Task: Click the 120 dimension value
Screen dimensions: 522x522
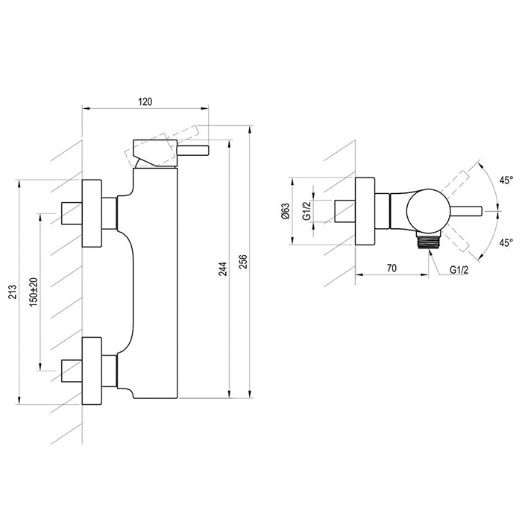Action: (145, 101)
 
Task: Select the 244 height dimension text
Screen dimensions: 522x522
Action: (223, 269)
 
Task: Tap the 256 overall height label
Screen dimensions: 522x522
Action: (245, 262)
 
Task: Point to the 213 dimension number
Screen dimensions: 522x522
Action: (12, 292)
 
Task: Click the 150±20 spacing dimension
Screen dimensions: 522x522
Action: (34, 292)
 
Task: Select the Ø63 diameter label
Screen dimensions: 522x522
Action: (286, 211)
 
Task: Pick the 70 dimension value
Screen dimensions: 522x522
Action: (391, 268)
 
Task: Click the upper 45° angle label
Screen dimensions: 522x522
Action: (506, 180)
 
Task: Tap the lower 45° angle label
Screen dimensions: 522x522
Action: (506, 242)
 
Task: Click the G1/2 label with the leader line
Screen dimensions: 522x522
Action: (459, 270)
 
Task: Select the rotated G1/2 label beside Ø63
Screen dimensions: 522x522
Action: (306, 211)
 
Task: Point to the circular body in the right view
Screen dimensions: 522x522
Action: (427, 211)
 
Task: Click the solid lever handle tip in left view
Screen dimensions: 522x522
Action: (193, 151)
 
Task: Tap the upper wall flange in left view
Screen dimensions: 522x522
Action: (92, 213)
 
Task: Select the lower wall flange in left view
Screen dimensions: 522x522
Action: (92, 371)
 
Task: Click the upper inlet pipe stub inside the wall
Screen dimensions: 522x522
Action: (72, 213)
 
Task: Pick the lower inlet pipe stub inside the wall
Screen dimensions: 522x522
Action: (72, 371)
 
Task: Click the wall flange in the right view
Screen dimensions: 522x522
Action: (365, 211)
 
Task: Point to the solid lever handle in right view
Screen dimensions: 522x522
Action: (465, 211)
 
